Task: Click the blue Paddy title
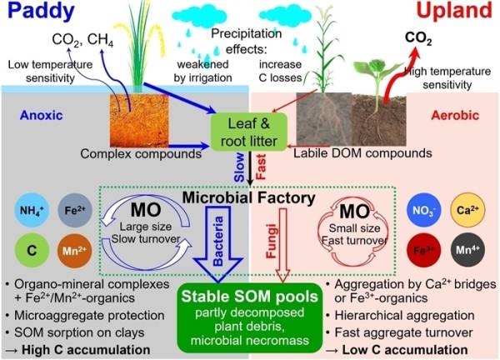41,12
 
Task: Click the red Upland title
454,11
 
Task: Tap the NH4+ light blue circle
32,210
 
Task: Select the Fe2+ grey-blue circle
75,210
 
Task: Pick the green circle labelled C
32,250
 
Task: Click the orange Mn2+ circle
75,250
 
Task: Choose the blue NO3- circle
424,211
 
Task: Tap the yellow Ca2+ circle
467,210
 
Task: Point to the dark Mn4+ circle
467,250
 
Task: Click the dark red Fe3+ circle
424,250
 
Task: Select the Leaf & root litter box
248,132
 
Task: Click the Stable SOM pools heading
250,297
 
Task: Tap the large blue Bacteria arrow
218,244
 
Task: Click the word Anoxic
41,116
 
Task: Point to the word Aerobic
455,116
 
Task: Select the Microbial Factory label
248,197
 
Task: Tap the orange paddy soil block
139,120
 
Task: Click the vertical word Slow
239,167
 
